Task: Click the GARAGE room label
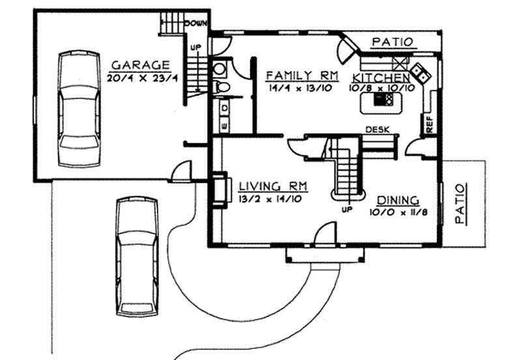[141, 65]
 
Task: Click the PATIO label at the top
[392, 42]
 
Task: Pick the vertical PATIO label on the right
[461, 204]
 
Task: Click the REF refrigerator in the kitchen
[429, 124]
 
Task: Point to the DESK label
[378, 129]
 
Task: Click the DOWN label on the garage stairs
[195, 23]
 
